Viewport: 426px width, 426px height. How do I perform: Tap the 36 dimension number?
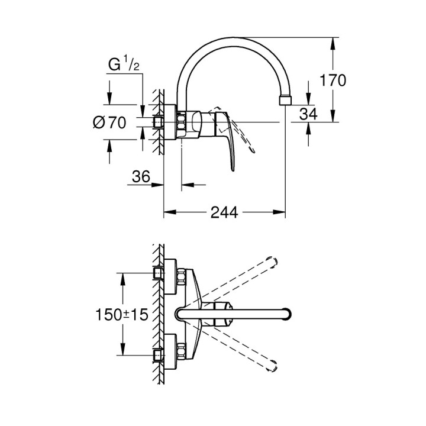[141, 176]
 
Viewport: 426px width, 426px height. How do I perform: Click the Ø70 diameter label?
[110, 122]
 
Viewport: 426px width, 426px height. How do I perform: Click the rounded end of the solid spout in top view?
[288, 314]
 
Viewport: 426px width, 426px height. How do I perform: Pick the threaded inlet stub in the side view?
[158, 122]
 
